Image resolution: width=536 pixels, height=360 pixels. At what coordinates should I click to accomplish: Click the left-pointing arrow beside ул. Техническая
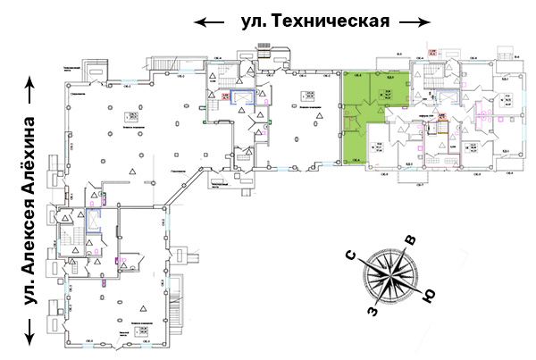(x=210, y=21)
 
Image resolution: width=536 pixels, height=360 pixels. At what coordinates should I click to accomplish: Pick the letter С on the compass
(x=352, y=259)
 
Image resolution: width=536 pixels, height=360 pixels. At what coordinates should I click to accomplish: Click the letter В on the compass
(x=410, y=239)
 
